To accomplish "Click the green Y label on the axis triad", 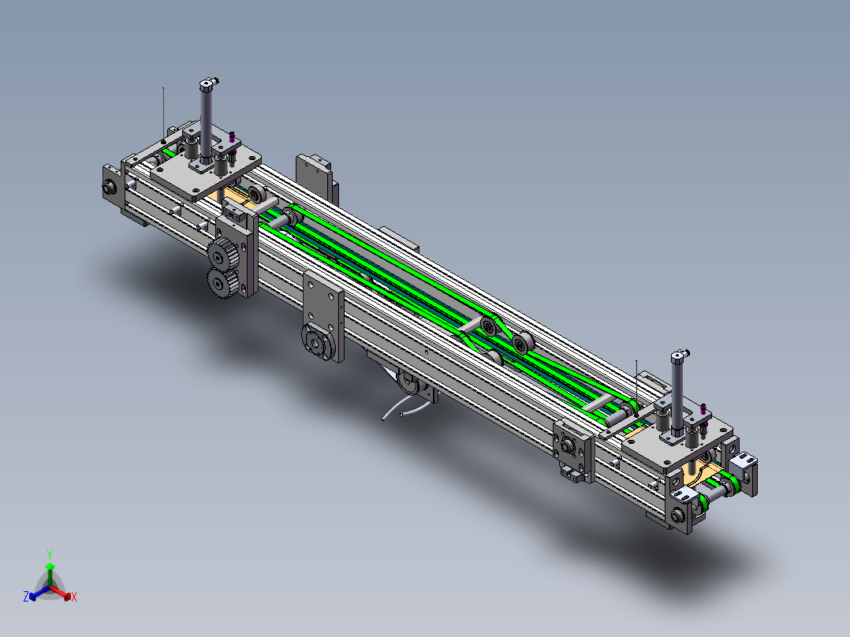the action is [x=50, y=554].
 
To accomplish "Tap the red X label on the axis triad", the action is [x=74, y=597].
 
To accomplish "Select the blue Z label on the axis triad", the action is [x=25, y=597].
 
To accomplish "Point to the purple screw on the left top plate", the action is [x=232, y=138].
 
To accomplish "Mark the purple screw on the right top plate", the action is [x=703, y=410].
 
